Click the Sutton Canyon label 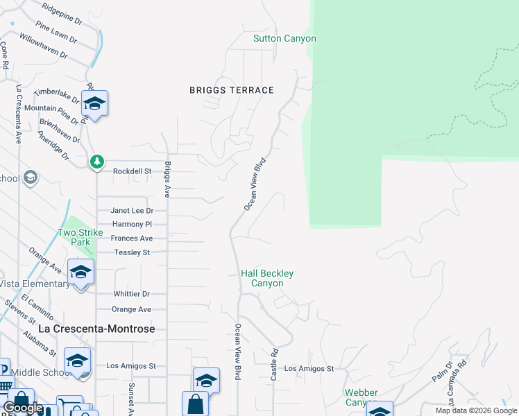click(x=284, y=39)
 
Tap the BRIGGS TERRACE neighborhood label click(x=232, y=90)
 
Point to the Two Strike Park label click(x=75, y=238)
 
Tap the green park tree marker click(x=97, y=162)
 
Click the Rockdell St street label click(x=132, y=171)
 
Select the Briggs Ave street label click(x=167, y=179)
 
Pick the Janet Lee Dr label click(x=132, y=211)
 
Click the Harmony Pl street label click(x=132, y=225)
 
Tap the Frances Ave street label click(x=132, y=239)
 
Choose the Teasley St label click(x=132, y=253)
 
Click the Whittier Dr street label click(x=132, y=295)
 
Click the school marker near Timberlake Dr click(x=94, y=105)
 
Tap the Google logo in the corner click(x=23, y=408)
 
